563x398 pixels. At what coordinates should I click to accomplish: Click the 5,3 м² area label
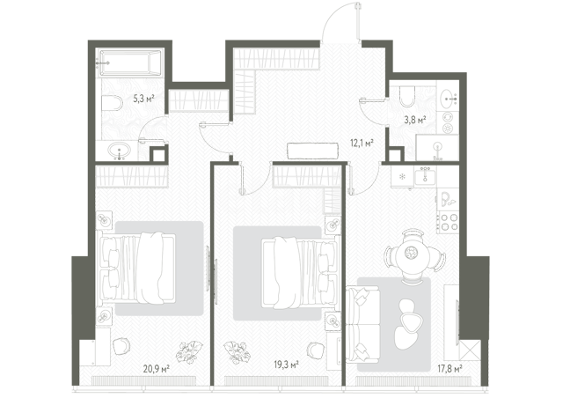pyautogui.click(x=143, y=99)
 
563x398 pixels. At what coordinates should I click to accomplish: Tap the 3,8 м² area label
pyautogui.click(x=415, y=120)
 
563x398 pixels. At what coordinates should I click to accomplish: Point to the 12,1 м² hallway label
pyautogui.click(x=362, y=144)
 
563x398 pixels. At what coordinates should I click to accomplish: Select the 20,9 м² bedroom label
pyautogui.click(x=157, y=368)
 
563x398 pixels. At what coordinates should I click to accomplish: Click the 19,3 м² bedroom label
pyautogui.click(x=286, y=365)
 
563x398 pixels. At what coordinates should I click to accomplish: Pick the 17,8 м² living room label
pyautogui.click(x=450, y=368)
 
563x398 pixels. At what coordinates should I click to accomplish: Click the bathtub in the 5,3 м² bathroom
pyautogui.click(x=130, y=63)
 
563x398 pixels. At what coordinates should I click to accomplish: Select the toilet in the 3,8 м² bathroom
pyautogui.click(x=407, y=96)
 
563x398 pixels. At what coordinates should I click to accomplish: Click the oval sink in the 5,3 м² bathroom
pyautogui.click(x=120, y=151)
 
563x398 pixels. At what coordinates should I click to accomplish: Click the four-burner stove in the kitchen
pyautogui.click(x=449, y=222)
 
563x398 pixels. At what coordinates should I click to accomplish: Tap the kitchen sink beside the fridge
pyautogui.click(x=425, y=176)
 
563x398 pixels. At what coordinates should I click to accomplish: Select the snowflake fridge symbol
pyautogui.click(x=403, y=176)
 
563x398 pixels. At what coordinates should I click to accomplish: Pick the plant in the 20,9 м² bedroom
pyautogui.click(x=189, y=351)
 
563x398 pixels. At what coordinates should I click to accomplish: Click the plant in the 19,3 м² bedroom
pyautogui.click(x=238, y=351)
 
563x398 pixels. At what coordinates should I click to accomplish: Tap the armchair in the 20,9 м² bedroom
pyautogui.click(x=121, y=347)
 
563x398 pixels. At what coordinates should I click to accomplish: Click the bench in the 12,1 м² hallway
pyautogui.click(x=313, y=151)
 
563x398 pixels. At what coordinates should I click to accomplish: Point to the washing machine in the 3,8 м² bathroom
pyautogui.click(x=448, y=122)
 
